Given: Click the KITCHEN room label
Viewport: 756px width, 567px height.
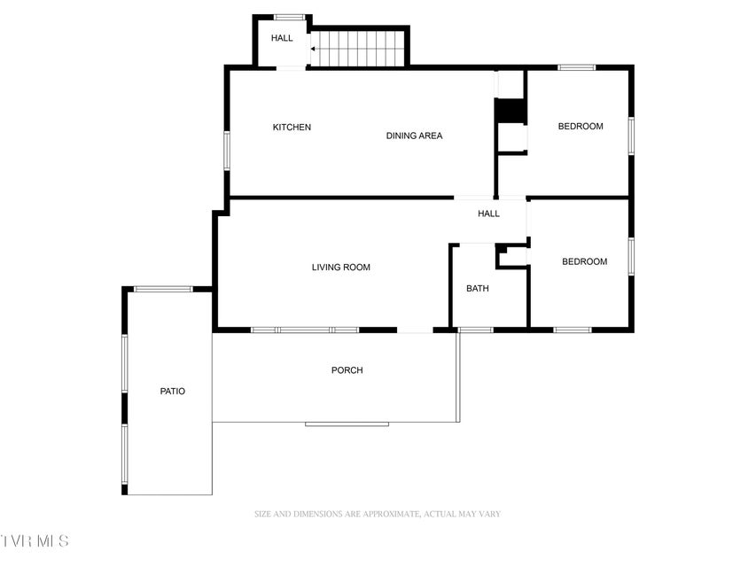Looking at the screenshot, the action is click(292, 128).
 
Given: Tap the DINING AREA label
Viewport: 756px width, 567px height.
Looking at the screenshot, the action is click(414, 136).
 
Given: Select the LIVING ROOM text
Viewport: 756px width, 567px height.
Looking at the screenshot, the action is click(341, 267).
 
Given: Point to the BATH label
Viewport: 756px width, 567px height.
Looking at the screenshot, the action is click(478, 288).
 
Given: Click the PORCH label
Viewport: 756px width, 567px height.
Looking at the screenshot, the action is click(347, 370).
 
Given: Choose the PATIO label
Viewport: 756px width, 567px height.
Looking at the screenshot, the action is click(173, 391).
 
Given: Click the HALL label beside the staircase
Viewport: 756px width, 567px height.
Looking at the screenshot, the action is click(282, 38).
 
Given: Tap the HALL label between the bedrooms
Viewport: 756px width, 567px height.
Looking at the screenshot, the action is click(489, 214).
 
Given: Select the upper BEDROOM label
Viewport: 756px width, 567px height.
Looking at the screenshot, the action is click(581, 127).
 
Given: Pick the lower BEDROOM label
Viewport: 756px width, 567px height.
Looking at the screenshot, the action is click(584, 262).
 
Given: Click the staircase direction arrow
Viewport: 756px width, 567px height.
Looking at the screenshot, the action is click(314, 49).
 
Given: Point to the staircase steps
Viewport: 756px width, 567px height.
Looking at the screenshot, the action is click(357, 49).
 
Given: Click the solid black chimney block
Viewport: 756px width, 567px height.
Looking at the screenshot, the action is click(510, 111).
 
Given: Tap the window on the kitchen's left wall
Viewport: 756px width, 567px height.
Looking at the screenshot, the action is click(227, 151).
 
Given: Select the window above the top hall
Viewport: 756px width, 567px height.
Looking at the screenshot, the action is click(289, 18).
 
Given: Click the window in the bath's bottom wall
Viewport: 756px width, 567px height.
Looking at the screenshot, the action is click(475, 330).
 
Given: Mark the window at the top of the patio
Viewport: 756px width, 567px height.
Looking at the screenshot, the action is click(163, 290).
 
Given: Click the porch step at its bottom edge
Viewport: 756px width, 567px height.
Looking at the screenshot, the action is click(347, 424).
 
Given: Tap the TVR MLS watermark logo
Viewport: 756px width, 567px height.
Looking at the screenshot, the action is click(35, 541).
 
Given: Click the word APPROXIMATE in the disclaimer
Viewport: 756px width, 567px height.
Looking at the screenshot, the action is click(392, 514).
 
